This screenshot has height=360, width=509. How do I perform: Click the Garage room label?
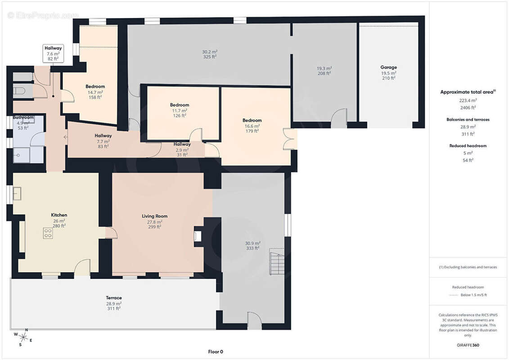tap(388, 67)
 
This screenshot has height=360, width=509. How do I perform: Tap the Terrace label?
tap(113, 297)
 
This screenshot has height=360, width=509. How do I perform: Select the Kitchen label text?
tap(59, 215)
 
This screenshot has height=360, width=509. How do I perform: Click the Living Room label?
tap(154, 216)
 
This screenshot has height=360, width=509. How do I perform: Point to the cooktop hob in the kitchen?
tap(48, 233)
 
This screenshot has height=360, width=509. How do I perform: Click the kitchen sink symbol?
tap(17, 194)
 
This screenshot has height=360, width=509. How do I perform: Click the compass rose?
tap(23, 337)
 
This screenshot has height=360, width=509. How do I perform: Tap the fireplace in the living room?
tap(197, 236)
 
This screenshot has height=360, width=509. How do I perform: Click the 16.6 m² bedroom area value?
tap(252, 126)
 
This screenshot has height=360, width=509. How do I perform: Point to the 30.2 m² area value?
tap(210, 52)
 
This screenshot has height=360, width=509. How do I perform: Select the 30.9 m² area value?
tap(252, 243)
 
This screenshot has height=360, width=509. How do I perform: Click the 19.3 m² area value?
tap(324, 68)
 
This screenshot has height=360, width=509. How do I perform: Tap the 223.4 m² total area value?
tap(468, 101)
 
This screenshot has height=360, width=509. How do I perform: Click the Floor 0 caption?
tap(216, 351)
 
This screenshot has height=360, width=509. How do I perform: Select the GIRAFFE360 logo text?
tap(468, 345)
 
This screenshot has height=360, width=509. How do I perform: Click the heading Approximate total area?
tap(468, 92)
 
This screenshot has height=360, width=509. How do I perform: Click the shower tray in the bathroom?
tap(21, 155)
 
